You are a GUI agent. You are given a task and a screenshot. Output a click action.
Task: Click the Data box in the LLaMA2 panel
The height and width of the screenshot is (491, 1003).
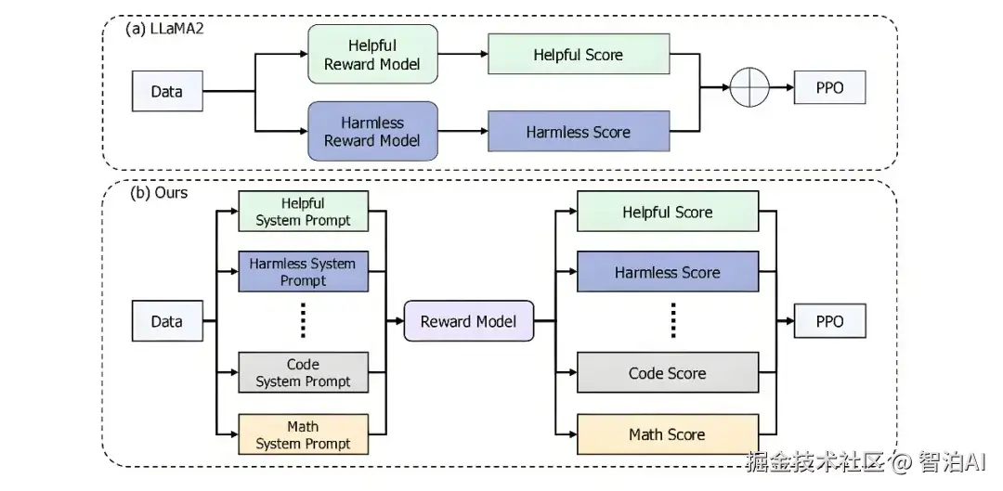[x=167, y=91]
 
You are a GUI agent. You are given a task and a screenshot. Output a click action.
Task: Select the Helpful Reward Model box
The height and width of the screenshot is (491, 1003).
[x=372, y=54]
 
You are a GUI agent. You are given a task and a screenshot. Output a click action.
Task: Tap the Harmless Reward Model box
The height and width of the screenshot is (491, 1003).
[x=372, y=132]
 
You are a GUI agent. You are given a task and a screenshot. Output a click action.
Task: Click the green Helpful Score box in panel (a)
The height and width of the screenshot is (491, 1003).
[x=578, y=55]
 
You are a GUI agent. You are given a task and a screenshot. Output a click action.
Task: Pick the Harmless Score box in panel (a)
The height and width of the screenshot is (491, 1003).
[x=578, y=132]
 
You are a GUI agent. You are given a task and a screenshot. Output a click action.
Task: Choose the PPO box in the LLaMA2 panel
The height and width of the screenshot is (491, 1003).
[x=829, y=88]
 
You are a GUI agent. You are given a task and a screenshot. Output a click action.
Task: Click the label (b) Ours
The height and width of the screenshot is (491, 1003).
[x=158, y=193]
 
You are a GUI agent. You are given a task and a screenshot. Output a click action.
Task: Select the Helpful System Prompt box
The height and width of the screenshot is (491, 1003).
[x=304, y=212]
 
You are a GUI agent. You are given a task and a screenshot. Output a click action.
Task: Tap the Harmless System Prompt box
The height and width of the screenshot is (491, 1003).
[x=304, y=272]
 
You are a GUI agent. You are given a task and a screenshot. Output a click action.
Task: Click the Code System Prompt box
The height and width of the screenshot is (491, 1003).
[x=304, y=373]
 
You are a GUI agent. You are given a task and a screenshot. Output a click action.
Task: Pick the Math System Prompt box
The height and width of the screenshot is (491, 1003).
[x=304, y=434]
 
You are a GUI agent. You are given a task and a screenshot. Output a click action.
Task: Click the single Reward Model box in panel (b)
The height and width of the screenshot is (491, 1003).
[x=468, y=321]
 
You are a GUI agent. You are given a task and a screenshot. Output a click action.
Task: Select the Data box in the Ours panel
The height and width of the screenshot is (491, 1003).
[x=167, y=321]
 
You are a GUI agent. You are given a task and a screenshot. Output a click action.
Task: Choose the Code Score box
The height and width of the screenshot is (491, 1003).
[x=667, y=373]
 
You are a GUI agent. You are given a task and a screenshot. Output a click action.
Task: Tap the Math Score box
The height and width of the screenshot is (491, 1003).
[x=667, y=434]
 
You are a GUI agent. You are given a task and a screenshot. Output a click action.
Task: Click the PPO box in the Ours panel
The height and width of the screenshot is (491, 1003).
[x=829, y=321]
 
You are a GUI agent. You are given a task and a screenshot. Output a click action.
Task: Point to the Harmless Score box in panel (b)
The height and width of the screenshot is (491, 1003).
[x=667, y=273]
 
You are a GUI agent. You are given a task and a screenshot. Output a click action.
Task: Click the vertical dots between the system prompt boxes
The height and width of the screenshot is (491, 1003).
[x=304, y=321]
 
